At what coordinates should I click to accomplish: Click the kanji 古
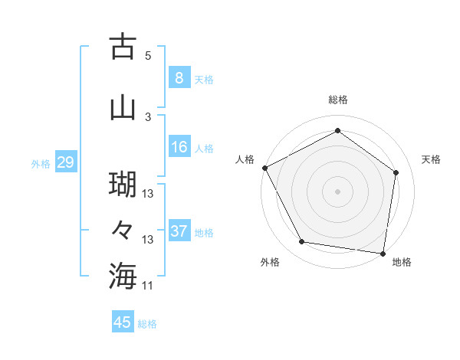pos(123,47)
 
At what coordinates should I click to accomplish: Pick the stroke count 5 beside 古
pos(148,56)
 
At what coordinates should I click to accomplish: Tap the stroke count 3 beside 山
pos(148,116)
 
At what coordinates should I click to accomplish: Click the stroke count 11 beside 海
pos(148,286)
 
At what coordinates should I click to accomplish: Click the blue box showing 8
pos(179,78)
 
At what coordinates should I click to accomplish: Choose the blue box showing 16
pos(179,147)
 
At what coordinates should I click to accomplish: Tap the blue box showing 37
pos(179,231)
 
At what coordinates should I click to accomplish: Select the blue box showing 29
pos(65,162)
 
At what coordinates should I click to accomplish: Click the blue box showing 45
pos(123,322)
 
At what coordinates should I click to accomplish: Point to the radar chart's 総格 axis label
pos(338,100)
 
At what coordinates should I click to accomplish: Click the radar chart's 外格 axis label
pos(270,262)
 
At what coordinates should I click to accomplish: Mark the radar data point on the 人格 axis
pos(264,168)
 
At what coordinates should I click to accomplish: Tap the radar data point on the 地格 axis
pos(383,253)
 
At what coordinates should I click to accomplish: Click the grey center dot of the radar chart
pos(338,191)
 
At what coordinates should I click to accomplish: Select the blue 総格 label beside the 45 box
pos(148,324)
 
